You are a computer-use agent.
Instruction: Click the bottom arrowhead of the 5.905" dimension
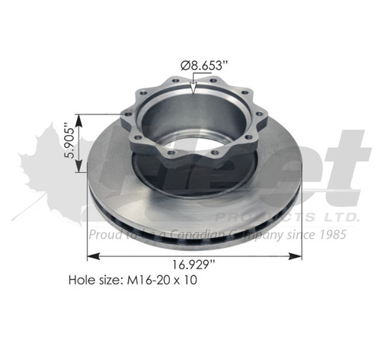click(x=78, y=174)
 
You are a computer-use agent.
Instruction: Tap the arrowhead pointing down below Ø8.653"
click(x=195, y=91)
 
